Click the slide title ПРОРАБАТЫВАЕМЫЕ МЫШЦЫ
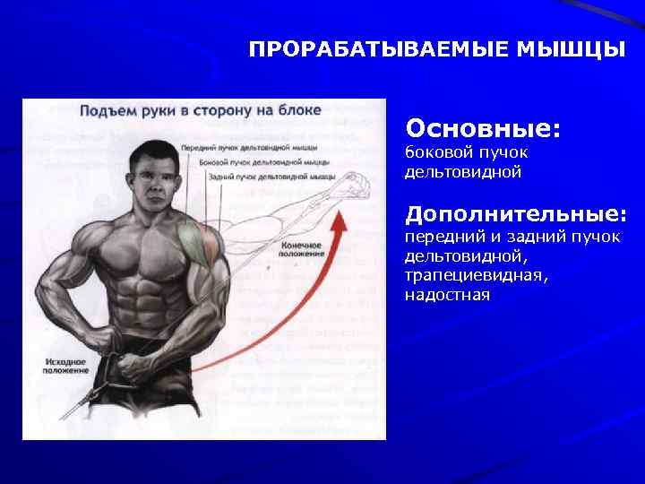(x=437, y=48)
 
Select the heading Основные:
(x=483, y=128)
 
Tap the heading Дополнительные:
(x=515, y=214)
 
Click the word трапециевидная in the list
(x=476, y=275)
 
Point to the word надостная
(x=447, y=294)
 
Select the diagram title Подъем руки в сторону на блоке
(x=200, y=110)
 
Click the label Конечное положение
(x=302, y=248)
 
